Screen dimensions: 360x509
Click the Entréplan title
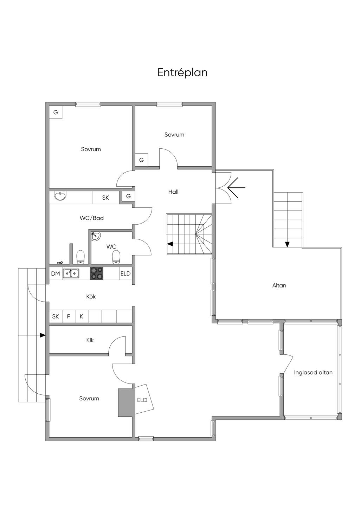point(182,73)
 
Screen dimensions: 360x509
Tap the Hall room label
point(173,192)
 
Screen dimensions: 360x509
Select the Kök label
point(91,297)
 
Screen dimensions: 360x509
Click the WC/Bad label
point(92,218)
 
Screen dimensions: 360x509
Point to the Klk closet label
point(90,340)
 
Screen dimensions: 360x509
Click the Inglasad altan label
point(313,372)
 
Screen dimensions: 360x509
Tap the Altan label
point(279,285)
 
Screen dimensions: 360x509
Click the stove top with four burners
point(97,273)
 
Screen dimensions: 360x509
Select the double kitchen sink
point(71,273)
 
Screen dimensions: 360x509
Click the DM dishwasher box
point(56,273)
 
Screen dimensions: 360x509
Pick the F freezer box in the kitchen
point(69,316)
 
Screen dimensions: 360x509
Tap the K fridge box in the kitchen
point(81,316)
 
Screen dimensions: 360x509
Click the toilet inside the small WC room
point(116,257)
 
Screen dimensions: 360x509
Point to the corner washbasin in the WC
point(95,236)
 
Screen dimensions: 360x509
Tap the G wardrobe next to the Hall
point(128,196)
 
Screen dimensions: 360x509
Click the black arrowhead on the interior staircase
point(170,244)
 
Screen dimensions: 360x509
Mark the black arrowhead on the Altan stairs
point(287,244)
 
